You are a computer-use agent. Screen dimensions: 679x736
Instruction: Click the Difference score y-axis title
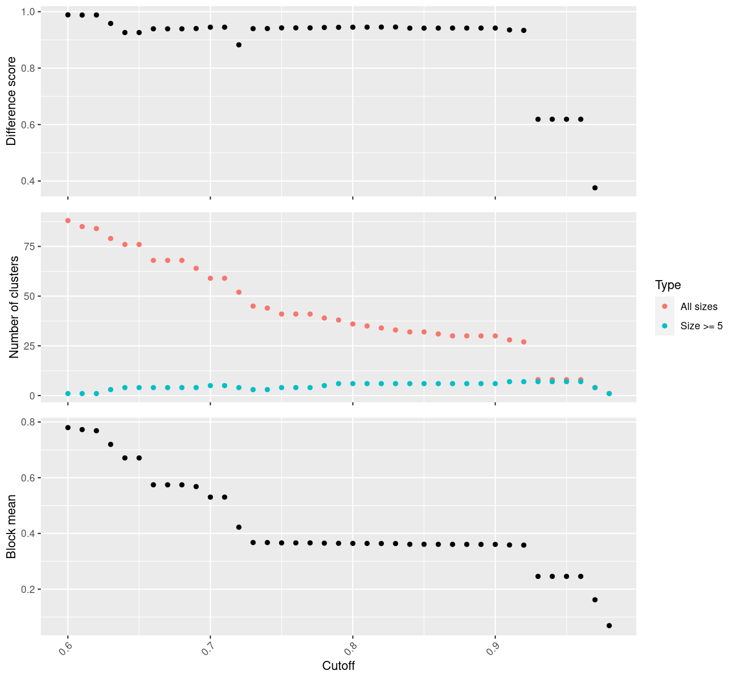tap(11, 101)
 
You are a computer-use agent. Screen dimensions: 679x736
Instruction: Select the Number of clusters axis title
tap(15, 307)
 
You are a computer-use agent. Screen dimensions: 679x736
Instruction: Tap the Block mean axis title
tap(11, 526)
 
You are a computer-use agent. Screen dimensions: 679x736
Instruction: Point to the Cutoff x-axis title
tap(339, 666)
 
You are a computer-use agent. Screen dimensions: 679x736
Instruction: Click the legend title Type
tap(667, 285)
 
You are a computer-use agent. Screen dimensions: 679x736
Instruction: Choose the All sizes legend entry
tap(699, 307)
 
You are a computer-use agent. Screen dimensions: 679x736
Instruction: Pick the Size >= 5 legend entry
tap(701, 326)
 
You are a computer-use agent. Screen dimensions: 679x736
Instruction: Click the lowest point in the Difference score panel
tap(595, 188)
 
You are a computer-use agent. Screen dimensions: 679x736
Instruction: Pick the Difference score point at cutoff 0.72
tap(239, 45)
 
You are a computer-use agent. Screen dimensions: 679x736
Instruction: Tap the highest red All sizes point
tap(68, 221)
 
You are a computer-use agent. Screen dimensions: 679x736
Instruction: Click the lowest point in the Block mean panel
tap(609, 625)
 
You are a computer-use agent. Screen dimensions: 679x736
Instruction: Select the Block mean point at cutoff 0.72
tap(239, 527)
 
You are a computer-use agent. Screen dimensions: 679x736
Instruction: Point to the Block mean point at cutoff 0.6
tap(68, 428)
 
